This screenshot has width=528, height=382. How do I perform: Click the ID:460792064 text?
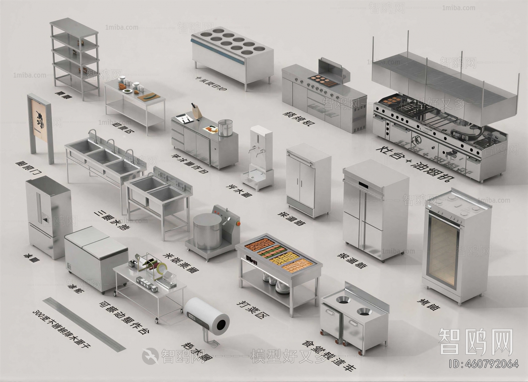(484, 364)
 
